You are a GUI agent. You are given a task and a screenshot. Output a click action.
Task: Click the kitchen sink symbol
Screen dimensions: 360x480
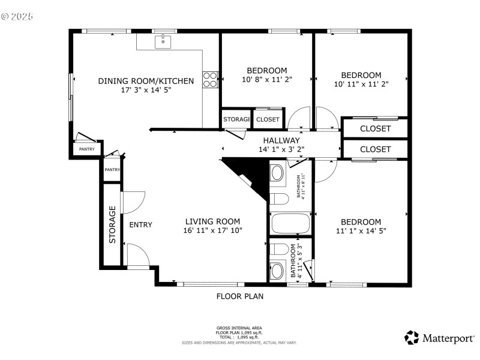(163, 41)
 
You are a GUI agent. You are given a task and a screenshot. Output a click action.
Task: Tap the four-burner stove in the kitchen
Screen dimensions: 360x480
(210, 80)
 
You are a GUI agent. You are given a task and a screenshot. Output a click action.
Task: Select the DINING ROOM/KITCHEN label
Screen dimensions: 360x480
(146, 81)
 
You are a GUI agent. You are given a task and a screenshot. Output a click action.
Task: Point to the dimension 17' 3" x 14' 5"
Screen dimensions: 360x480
(146, 91)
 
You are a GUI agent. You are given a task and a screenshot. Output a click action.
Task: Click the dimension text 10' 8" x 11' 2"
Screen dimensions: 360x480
(266, 80)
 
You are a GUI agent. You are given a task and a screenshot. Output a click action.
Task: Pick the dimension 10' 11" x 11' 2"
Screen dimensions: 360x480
(361, 84)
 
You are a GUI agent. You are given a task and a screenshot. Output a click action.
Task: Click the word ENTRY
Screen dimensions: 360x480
(141, 225)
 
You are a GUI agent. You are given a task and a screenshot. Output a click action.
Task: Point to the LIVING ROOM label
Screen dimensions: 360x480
(212, 221)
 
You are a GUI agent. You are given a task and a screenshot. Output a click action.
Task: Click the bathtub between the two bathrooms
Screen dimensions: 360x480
(290, 224)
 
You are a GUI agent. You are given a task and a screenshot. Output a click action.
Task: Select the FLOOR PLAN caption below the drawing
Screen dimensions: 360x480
(240, 296)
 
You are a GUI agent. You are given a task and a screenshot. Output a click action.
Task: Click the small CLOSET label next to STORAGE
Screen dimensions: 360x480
(268, 119)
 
